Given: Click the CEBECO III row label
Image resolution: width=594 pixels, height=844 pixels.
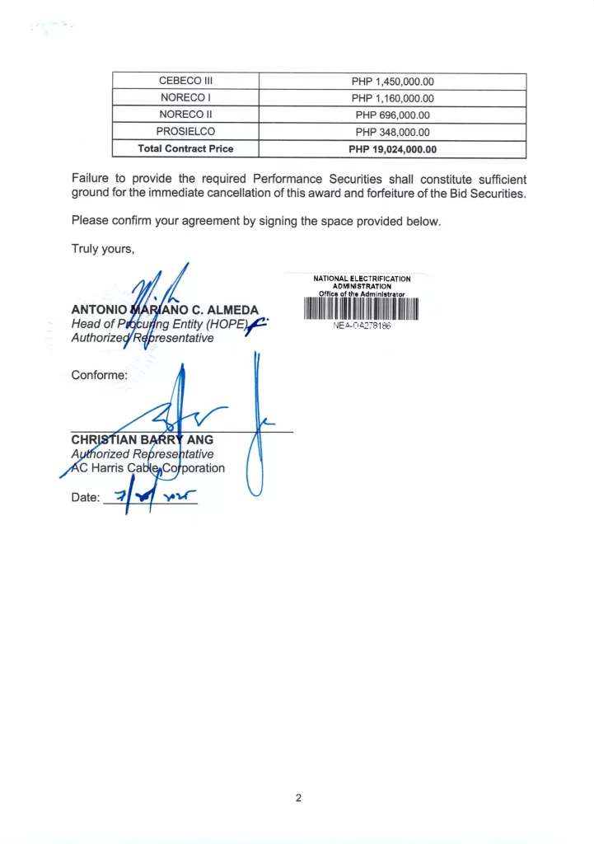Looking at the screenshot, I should point(185,82).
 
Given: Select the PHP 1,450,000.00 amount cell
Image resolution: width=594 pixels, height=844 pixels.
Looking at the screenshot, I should point(392,82).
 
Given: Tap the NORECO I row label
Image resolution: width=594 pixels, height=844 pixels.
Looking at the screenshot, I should point(185,99).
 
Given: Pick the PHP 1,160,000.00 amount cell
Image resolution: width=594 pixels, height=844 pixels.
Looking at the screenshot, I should point(392,99).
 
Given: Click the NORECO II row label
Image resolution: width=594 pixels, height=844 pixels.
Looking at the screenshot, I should point(185,115).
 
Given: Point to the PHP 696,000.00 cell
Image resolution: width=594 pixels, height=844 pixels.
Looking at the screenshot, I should point(392,115).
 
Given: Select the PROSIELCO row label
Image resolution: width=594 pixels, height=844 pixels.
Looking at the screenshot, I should point(185,132).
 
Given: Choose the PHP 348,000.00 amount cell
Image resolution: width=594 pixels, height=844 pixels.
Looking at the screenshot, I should point(392,132).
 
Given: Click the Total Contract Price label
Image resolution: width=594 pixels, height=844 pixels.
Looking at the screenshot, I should point(185,149).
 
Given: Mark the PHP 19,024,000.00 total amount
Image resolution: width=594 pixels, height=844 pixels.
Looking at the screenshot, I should point(392,149).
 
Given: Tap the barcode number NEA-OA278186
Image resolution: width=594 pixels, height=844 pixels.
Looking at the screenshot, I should point(362,326).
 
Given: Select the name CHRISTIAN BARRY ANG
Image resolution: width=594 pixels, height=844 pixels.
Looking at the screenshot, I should point(142,440).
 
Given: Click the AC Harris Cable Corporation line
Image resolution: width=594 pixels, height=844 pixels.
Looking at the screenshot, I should point(148,468).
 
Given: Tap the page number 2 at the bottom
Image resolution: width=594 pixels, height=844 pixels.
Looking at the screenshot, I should point(298,798).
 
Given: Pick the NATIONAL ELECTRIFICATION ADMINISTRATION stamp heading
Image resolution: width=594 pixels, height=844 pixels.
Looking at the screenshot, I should point(362,282).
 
